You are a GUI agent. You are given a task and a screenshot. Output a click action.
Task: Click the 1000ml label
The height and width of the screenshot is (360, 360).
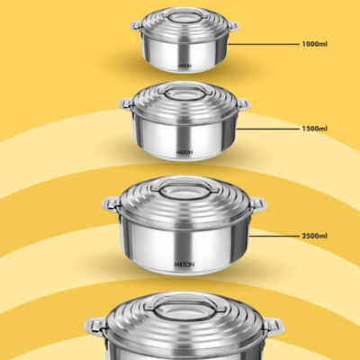tap(315, 44)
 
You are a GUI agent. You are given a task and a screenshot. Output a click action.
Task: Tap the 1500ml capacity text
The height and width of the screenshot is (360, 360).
tap(315, 129)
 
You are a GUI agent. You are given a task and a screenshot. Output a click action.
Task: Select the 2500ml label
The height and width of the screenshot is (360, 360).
tap(315, 236)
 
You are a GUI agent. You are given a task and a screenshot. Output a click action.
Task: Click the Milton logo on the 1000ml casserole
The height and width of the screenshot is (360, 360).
tap(184, 65)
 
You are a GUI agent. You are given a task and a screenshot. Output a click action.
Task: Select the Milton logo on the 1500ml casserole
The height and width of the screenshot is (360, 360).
tap(184, 152)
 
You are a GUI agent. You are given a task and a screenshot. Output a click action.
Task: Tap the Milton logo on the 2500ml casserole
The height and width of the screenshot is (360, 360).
tap(184, 265)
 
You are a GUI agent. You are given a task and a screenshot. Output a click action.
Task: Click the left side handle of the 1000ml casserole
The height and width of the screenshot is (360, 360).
tap(137, 26)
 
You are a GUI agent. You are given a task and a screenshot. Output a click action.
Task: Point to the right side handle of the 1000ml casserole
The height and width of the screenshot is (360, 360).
tap(233, 26)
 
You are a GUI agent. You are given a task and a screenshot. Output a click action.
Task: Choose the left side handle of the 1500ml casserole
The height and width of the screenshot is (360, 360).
tap(126, 105)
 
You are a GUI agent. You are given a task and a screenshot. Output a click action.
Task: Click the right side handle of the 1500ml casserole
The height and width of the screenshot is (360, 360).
tap(243, 105)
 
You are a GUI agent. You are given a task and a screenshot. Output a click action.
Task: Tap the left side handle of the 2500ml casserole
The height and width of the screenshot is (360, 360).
tap(112, 204)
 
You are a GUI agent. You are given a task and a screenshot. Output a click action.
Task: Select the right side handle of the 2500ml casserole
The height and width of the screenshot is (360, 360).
tap(257, 204)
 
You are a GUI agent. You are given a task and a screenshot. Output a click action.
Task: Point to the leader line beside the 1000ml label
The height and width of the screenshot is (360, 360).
tap(264, 44)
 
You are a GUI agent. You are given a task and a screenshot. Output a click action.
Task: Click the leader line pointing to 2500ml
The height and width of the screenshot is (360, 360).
tap(274, 236)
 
